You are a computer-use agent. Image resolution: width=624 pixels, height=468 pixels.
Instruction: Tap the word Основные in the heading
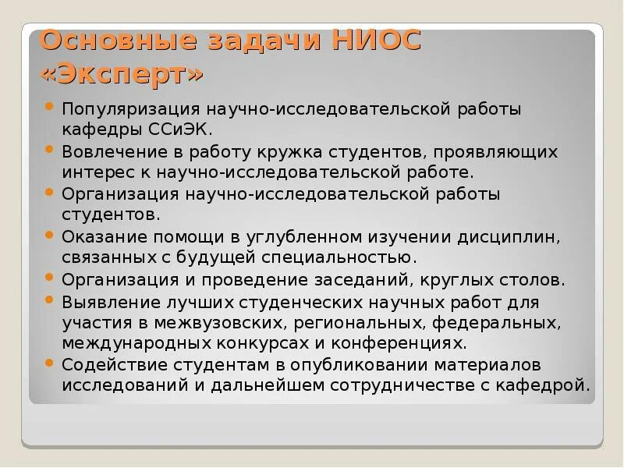coord(109,40)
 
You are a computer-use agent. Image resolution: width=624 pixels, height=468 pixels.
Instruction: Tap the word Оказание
coord(104,236)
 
